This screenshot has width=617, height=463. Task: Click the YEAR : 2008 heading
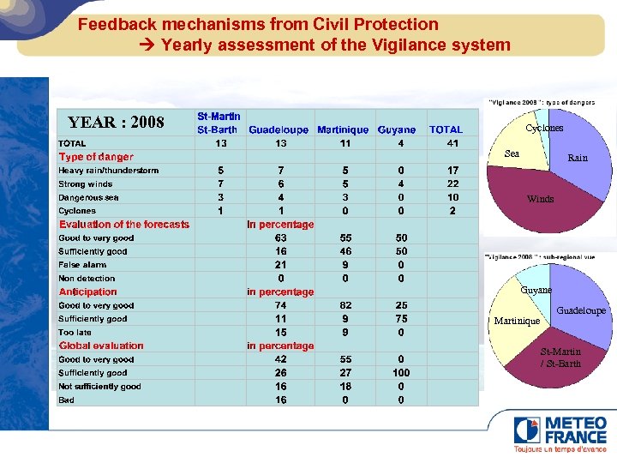tap(116, 122)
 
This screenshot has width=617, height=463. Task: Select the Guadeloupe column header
tap(279, 129)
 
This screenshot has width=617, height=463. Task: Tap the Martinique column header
tap(343, 129)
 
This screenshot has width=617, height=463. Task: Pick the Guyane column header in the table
tap(397, 129)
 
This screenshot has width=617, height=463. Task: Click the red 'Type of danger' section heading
tap(96, 157)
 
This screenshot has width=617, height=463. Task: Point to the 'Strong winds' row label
tap(85, 183)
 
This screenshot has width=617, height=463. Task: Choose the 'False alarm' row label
tap(82, 265)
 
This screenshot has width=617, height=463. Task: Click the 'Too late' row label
tap(75, 333)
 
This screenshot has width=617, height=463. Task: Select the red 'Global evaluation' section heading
tap(101, 346)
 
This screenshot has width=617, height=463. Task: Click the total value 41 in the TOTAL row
tap(452, 143)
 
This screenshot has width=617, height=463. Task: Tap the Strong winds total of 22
tap(452, 183)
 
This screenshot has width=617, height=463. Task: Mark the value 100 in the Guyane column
tap(401, 373)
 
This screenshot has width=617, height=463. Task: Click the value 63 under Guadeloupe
tap(280, 238)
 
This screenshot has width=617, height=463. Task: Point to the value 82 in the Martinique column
tap(345, 305)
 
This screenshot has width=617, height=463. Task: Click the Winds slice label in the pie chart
tap(540, 199)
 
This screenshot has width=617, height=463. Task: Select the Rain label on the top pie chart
tap(578, 158)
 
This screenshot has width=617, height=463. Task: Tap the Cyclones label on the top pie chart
tap(544, 128)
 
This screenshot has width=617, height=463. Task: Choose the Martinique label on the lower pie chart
tap(517, 322)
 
